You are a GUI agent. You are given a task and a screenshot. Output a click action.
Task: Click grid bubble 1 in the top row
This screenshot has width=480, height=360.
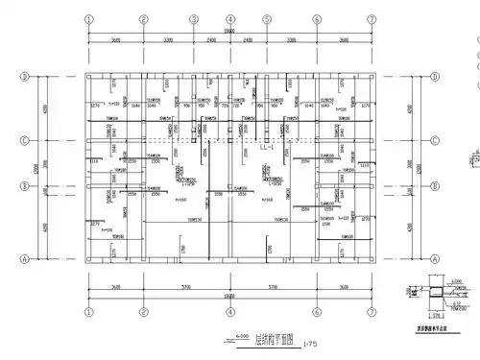coord(89,18)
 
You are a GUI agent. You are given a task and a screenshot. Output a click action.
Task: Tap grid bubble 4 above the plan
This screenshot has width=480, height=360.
coord(230,18)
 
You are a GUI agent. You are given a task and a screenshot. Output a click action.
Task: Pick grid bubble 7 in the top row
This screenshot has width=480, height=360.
coord(372,18)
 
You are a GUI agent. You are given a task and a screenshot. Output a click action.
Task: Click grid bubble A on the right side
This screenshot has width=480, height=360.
coord(436,257)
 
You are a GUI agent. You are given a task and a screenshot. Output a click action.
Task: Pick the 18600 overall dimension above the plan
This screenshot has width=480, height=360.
coord(230,32)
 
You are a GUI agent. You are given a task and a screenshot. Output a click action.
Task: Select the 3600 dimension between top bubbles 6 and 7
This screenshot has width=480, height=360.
coord(344,41)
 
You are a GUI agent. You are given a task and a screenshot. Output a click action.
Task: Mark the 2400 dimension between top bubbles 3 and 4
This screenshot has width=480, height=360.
coord(211,41)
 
